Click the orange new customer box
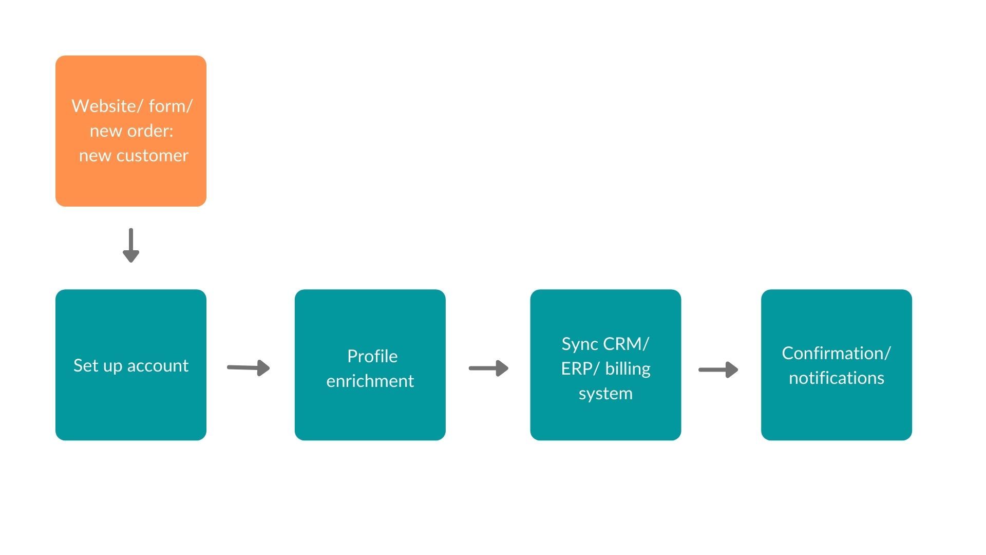[131, 131]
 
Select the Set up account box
[131, 365]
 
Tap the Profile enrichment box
[370, 365]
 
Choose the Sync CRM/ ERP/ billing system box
[605, 365]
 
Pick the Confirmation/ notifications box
[837, 365]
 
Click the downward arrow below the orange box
[131, 245]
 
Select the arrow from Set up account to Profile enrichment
[249, 367]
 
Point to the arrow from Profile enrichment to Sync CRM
[488, 368]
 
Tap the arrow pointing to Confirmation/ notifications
[718, 369]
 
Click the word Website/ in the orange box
[107, 106]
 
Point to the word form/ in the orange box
[170, 106]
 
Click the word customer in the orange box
[153, 156]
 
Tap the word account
[158, 365]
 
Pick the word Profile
[372, 356]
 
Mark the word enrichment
[370, 381]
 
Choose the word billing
[628, 369]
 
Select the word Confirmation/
[837, 353]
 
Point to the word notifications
[837, 378]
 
